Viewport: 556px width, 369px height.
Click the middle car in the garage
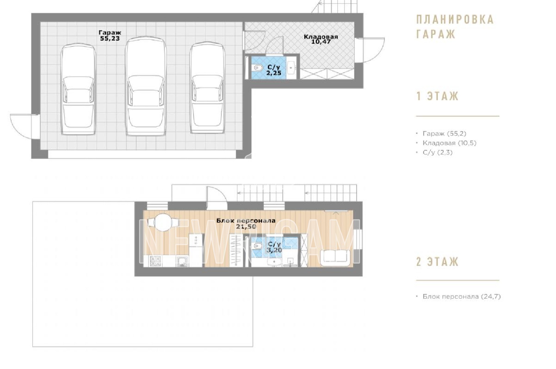146,87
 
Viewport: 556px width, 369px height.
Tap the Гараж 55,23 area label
110,35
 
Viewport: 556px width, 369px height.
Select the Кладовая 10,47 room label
321,39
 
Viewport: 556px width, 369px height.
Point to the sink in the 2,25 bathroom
292,68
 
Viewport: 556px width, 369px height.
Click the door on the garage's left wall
25,126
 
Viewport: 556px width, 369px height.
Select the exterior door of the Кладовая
370,50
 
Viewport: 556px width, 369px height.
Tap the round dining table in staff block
163,222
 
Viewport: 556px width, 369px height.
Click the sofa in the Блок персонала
335,258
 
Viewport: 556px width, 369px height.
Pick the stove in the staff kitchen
155,261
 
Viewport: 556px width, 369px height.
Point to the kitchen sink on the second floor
183,261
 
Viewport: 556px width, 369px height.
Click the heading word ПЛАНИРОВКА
455,19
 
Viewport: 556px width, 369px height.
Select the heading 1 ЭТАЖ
438,96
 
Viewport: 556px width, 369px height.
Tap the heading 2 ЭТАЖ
438,262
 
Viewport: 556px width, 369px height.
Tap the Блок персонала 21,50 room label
246,223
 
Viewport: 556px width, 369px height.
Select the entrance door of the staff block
217,198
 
